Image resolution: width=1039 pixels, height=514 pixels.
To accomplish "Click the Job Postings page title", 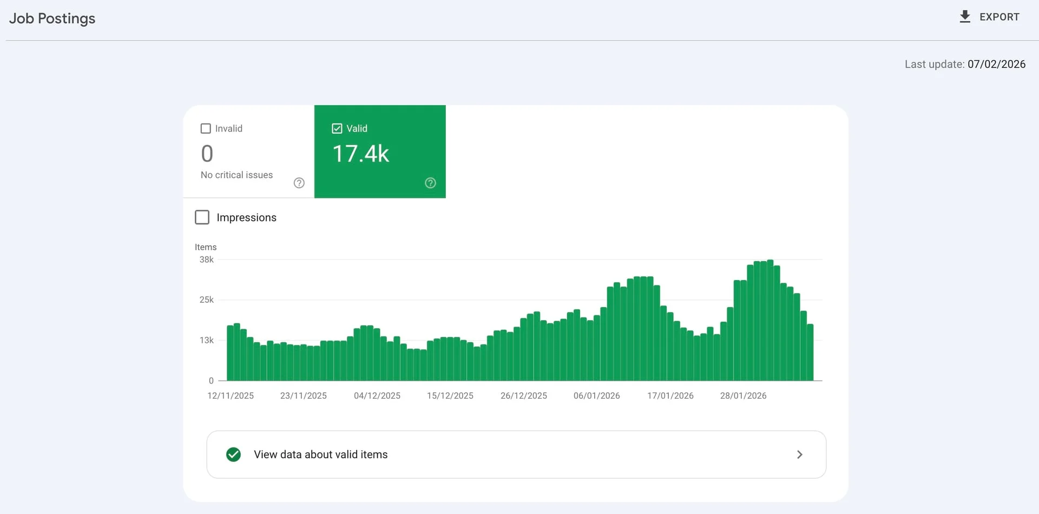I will click(x=52, y=18).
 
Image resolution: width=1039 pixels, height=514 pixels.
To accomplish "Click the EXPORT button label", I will click(x=999, y=17).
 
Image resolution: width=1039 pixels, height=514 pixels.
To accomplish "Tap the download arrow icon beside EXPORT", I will click(x=964, y=17).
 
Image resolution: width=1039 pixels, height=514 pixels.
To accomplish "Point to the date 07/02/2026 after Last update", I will click(x=996, y=64).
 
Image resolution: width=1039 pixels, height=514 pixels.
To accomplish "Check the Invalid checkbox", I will click(x=206, y=128).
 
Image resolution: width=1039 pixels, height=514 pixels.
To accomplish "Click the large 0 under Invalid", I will click(x=207, y=154).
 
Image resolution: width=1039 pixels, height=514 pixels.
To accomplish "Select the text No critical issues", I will click(x=236, y=175).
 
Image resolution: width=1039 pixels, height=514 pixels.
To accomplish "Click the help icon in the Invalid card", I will click(x=299, y=183).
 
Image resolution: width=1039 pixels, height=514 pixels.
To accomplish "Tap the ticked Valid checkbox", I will click(x=337, y=128).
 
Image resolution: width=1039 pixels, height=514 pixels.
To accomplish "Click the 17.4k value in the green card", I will click(x=360, y=154).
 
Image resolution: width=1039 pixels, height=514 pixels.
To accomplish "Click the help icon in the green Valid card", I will click(x=430, y=183).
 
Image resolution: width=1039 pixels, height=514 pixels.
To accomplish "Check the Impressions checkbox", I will click(x=202, y=217).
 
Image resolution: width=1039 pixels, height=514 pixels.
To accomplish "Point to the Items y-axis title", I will click(x=206, y=247).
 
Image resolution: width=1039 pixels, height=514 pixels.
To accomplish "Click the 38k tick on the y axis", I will click(x=206, y=259).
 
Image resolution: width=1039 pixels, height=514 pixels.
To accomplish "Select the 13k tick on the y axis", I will click(x=206, y=340).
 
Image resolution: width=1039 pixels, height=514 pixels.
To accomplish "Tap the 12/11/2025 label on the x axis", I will click(x=231, y=396).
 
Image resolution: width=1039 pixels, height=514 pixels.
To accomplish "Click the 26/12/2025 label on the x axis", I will click(x=523, y=396).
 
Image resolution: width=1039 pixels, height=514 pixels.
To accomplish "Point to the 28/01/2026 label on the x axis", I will click(x=743, y=396).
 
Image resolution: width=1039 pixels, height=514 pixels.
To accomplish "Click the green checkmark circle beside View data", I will click(x=233, y=454).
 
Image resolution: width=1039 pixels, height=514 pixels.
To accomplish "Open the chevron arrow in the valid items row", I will click(x=799, y=454).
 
